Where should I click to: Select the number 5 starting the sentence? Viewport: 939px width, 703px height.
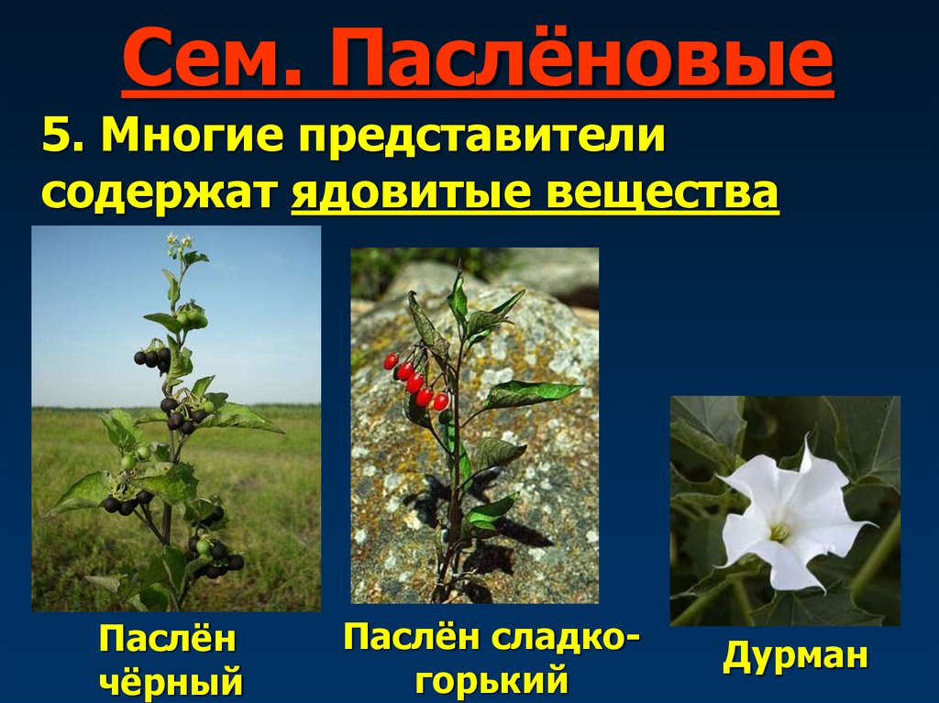point(57,139)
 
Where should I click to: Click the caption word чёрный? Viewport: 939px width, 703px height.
point(171,683)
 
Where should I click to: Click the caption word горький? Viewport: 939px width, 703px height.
point(492,681)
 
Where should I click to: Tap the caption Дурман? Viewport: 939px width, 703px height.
point(795,656)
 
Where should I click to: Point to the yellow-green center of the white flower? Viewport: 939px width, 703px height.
point(779,532)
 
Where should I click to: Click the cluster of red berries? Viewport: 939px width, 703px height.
point(415,380)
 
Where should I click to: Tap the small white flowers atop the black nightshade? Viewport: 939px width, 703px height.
point(180,243)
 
